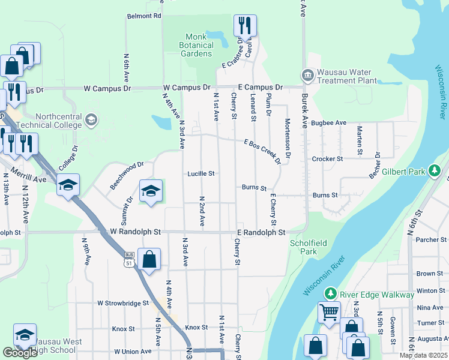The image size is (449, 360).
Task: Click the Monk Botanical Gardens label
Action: pyautogui.click(x=196, y=45)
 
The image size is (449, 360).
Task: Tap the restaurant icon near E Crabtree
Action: pyautogui.click(x=245, y=26)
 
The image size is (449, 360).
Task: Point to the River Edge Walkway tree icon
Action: pyautogui.click(x=330, y=294)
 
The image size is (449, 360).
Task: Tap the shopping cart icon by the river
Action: pyautogui.click(x=329, y=312)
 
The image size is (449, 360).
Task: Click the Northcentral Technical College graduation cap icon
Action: pyautogui.click(x=91, y=120)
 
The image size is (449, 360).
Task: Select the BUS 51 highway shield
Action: pyautogui.click(x=129, y=263)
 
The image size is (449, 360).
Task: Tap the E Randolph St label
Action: pyautogui.click(x=261, y=232)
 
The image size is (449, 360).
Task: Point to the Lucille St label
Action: pyautogui.click(x=200, y=173)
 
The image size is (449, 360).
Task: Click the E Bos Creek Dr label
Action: pyautogui.click(x=262, y=151)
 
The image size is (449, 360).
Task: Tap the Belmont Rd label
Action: pyautogui.click(x=144, y=16)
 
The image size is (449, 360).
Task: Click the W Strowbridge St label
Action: pyautogui.click(x=122, y=304)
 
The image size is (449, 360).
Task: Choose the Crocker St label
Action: pyautogui.click(x=327, y=159)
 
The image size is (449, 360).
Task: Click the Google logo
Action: pyautogui.click(x=20, y=353)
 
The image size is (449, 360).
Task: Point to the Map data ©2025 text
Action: pyautogui.click(x=423, y=355)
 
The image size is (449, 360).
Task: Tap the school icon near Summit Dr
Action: pyautogui.click(x=151, y=191)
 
